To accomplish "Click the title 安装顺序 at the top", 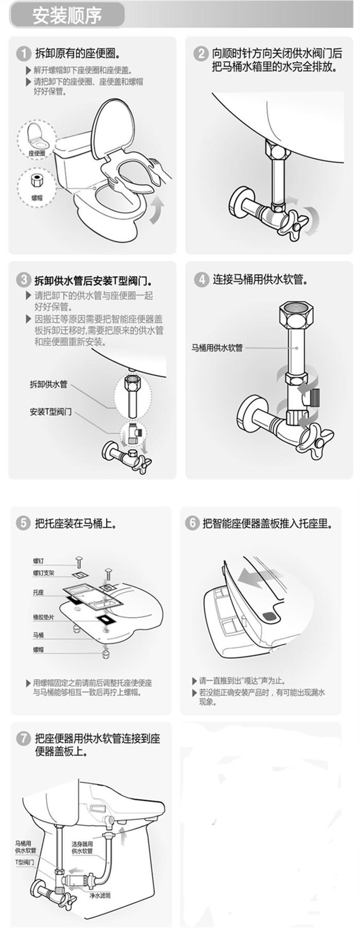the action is click(67, 15).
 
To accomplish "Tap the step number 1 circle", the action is click(23, 53).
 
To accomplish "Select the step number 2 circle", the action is click(200, 53).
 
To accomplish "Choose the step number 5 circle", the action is click(23, 523).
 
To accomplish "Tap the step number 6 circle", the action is click(192, 523).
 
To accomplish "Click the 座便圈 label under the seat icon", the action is click(37, 153).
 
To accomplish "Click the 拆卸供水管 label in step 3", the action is click(48, 384).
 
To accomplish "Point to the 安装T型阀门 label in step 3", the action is click(50, 412).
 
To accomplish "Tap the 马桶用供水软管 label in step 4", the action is click(217, 348).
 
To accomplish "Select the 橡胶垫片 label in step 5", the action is click(44, 616).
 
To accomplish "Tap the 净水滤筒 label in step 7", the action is click(100, 895).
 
